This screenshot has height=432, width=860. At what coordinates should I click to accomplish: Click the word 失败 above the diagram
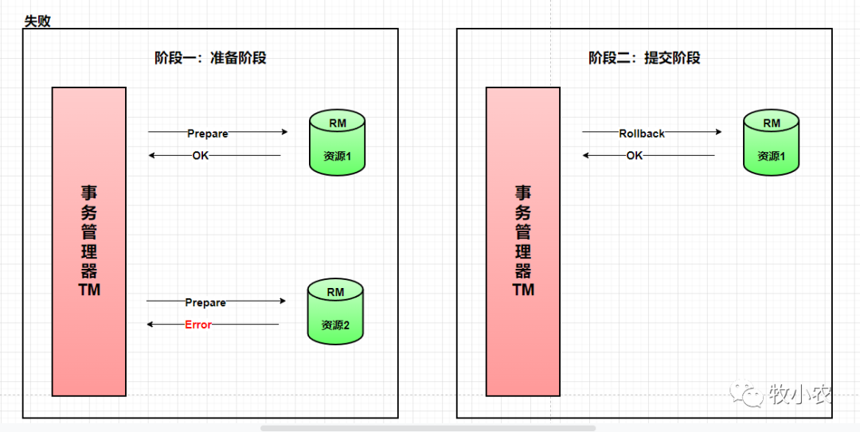(x=37, y=21)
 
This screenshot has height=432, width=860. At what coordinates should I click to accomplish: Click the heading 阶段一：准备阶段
(x=210, y=58)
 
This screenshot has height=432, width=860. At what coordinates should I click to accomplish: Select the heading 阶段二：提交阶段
(x=644, y=58)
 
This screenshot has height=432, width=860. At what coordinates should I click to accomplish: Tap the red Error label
(x=198, y=325)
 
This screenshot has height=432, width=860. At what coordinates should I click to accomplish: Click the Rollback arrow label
(x=642, y=134)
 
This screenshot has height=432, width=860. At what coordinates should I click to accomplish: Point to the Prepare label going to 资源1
(x=208, y=134)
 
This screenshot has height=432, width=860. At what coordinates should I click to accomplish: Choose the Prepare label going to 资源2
(x=205, y=302)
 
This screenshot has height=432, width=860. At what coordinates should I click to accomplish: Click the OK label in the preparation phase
(x=200, y=156)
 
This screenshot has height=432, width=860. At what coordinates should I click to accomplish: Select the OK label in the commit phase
(x=634, y=156)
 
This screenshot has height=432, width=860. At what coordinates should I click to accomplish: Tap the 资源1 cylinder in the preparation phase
(x=338, y=143)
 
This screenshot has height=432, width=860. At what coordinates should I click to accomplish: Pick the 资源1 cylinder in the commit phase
(x=772, y=143)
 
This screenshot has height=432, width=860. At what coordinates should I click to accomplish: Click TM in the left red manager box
(x=89, y=290)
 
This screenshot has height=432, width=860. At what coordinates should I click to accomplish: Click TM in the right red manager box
(x=523, y=290)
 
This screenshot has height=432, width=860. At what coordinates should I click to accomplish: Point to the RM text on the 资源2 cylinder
(x=335, y=292)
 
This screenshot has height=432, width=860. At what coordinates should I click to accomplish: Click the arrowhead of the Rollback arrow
(x=718, y=133)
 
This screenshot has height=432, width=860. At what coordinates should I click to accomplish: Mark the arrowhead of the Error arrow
(x=150, y=325)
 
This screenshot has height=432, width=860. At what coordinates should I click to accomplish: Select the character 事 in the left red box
(x=89, y=193)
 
